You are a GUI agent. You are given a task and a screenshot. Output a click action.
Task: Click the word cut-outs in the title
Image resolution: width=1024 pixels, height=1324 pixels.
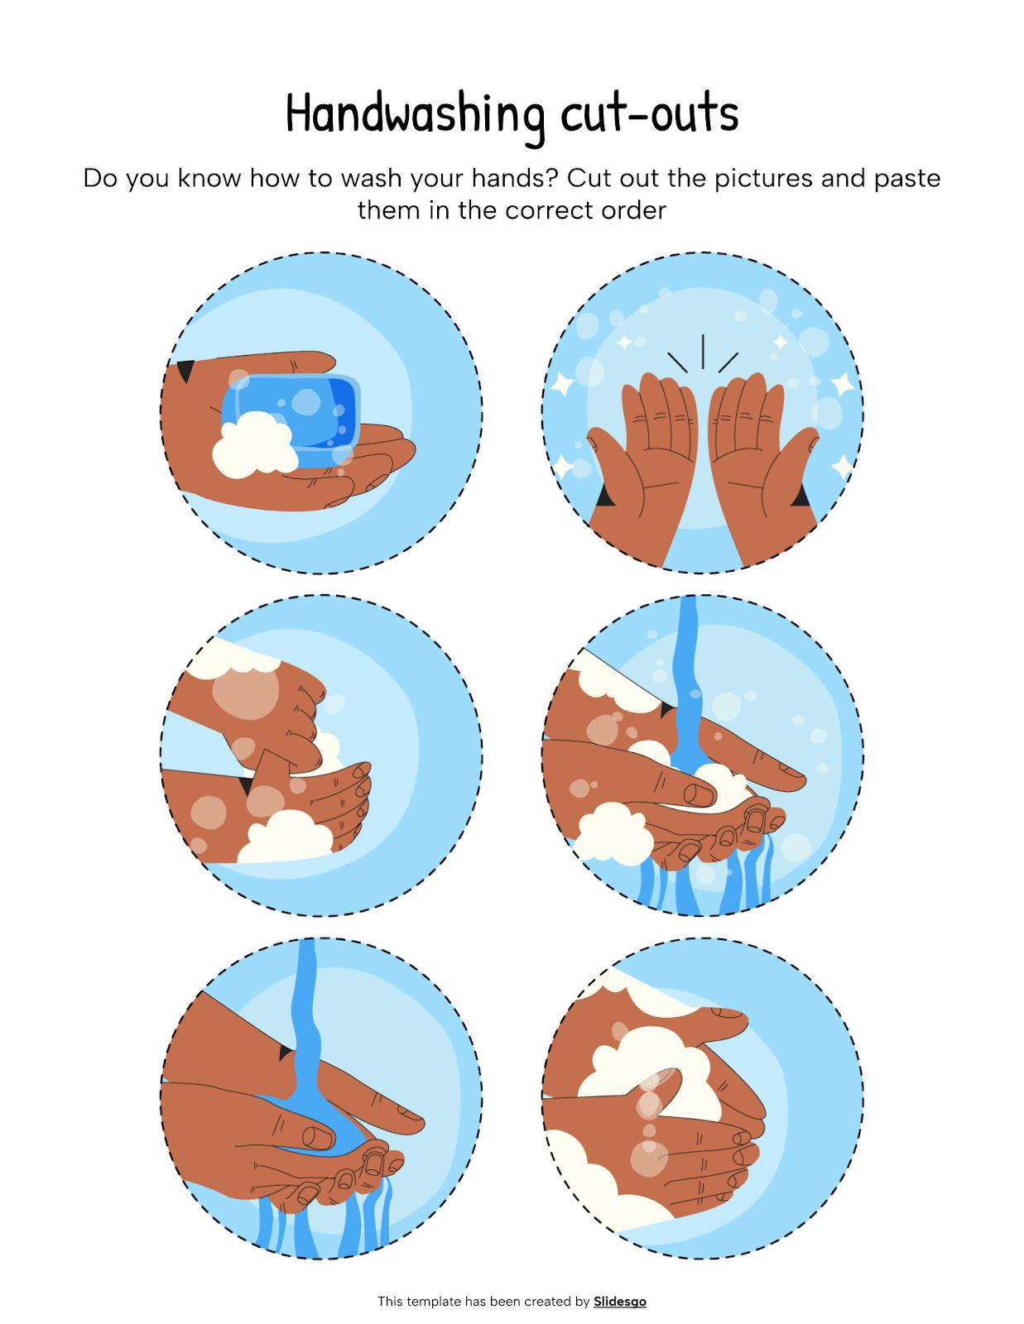(649, 113)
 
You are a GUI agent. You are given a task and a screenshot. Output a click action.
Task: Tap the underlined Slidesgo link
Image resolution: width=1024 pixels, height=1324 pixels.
(619, 1302)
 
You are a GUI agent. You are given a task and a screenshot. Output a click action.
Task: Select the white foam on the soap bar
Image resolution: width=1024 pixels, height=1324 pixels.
(252, 448)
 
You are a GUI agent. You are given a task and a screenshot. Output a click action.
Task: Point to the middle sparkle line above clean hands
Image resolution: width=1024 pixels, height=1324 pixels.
(702, 351)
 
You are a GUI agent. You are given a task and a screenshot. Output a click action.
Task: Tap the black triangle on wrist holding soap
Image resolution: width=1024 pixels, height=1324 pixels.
(187, 370)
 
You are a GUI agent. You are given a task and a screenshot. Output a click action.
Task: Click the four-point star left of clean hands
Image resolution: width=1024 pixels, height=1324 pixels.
(564, 384)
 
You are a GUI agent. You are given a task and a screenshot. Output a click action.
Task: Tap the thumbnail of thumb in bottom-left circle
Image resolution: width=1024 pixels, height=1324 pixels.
(315, 1136)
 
